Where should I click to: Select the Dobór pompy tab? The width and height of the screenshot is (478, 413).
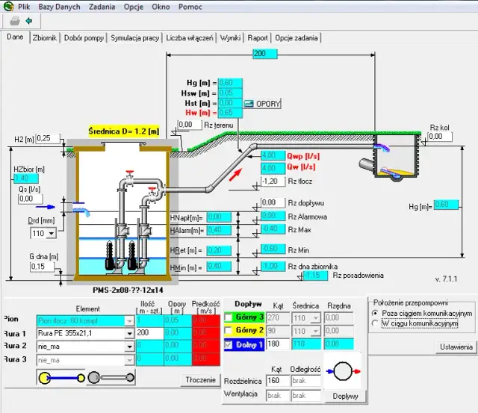(x=84, y=37)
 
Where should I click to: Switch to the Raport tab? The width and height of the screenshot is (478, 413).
(x=258, y=37)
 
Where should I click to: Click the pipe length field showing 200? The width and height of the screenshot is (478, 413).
(x=260, y=54)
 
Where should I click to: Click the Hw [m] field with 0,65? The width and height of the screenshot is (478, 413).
(x=229, y=112)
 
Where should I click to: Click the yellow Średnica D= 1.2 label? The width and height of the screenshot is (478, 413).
(x=124, y=131)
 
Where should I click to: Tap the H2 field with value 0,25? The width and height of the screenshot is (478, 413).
(x=48, y=138)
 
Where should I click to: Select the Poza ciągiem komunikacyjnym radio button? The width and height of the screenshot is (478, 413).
(x=376, y=313)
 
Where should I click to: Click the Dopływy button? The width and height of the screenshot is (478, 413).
(x=345, y=394)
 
